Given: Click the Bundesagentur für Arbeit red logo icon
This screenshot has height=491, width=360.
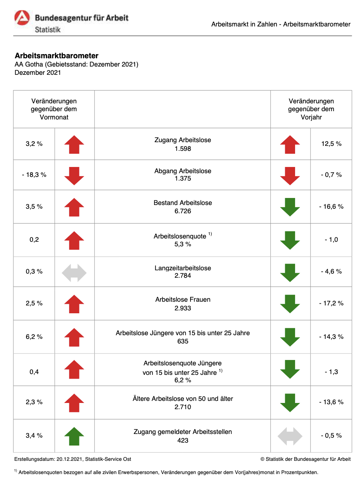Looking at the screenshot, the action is [x=22, y=17].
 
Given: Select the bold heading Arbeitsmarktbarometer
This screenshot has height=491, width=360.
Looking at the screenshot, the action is [x=56, y=56].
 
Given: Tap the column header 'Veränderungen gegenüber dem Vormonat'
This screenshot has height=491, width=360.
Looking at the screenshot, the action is [x=54, y=109].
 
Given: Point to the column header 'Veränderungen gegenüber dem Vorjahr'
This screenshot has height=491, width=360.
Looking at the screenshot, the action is [x=311, y=109].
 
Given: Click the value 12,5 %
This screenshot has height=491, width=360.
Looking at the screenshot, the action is [x=331, y=144].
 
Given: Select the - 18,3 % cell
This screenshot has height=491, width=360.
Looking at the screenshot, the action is [x=34, y=175].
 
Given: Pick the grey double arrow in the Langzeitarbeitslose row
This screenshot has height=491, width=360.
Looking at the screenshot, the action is [x=74, y=273].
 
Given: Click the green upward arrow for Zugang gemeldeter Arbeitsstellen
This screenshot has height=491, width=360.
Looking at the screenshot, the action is [x=74, y=436].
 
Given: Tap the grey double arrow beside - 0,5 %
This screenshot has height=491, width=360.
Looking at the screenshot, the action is [x=290, y=436].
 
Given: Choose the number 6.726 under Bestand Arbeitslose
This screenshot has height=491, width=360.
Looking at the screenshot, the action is [x=183, y=211].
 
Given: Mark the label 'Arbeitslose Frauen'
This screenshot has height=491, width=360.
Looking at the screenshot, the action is [x=183, y=299].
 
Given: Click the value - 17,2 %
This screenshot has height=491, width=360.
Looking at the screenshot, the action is [x=331, y=303].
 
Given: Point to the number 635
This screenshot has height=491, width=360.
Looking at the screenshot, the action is [x=183, y=341].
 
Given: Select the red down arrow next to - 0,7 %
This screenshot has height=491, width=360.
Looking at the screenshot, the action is [x=290, y=176].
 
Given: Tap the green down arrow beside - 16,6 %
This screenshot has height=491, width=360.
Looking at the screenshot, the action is [x=290, y=207].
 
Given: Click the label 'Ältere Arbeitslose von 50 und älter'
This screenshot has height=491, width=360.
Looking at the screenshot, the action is [x=183, y=398].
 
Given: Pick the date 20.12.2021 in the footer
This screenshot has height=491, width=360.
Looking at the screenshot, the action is [x=69, y=459].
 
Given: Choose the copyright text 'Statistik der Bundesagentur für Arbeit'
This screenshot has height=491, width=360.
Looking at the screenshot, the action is [x=308, y=459].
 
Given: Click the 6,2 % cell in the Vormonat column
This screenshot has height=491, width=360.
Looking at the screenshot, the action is [x=34, y=336].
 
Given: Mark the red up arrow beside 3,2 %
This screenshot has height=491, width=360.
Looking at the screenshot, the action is [x=74, y=145].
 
